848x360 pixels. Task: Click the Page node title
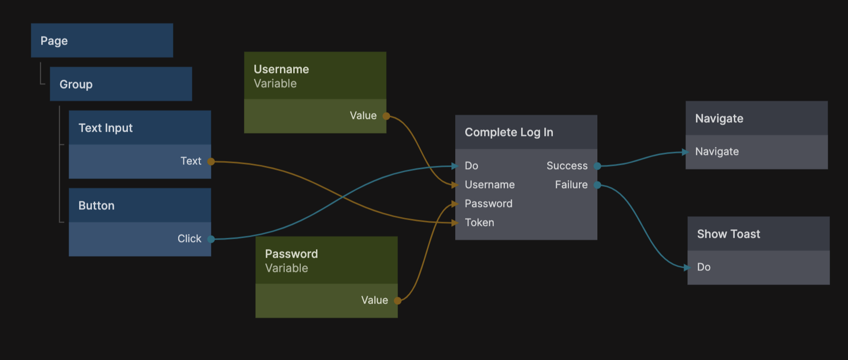click(x=54, y=41)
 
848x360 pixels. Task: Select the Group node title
click(x=76, y=84)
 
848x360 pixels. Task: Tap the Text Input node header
click(x=106, y=128)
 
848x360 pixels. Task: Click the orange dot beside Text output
click(x=211, y=162)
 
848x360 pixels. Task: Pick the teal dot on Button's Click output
click(x=211, y=239)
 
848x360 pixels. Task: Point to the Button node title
click(x=97, y=206)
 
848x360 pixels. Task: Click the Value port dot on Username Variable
click(x=387, y=116)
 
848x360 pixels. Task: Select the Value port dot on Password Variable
click(x=398, y=301)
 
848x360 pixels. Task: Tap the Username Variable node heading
click(x=281, y=70)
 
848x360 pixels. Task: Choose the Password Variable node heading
click(x=291, y=254)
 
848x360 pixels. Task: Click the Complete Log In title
click(x=509, y=132)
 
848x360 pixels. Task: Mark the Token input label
click(x=479, y=223)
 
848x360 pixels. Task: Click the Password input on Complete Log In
click(x=488, y=204)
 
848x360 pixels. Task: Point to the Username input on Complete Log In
click(x=489, y=185)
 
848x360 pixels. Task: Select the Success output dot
click(x=598, y=166)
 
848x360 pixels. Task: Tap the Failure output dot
click(x=598, y=185)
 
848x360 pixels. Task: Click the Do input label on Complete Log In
click(x=471, y=166)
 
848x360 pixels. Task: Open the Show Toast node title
click(x=729, y=234)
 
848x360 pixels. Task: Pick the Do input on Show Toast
click(x=704, y=267)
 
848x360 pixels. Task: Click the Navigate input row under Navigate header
click(x=717, y=152)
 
